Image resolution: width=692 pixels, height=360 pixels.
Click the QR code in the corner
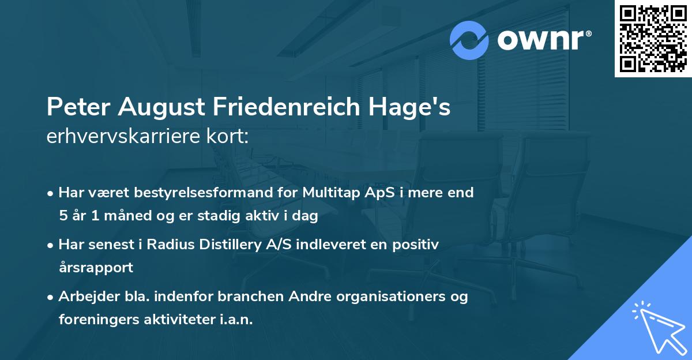[653, 39]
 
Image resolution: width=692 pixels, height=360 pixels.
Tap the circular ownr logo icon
[470, 40]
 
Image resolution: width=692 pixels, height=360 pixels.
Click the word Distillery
[225, 245]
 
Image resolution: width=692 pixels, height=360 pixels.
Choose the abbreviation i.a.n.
[236, 320]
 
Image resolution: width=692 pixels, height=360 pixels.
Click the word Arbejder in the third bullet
[84, 297]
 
